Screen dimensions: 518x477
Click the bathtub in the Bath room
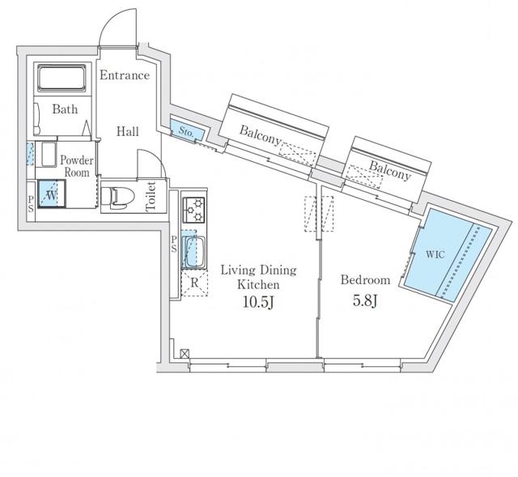coord(62,78)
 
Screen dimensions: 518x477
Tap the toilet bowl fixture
coord(117,198)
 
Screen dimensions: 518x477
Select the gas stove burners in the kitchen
coord(194,210)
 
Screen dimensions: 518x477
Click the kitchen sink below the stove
coord(193,252)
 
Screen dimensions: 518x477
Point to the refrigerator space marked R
coord(194,283)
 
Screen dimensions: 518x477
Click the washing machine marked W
coord(52,194)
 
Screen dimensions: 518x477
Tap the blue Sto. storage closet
coord(187,130)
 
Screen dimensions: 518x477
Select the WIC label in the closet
coord(435,254)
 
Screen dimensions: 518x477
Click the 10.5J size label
coord(258,302)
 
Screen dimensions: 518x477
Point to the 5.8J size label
coord(365,300)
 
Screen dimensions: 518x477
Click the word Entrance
coord(125,75)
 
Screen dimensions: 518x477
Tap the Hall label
coord(128,131)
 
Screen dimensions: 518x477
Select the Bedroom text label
coord(365,280)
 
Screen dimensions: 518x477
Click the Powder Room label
coord(77,166)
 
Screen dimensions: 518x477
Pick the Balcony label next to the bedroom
coord(390,170)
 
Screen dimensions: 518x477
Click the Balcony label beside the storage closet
coord(260,135)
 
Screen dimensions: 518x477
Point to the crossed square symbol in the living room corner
coord(185,354)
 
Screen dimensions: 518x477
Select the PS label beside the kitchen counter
coord(174,244)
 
